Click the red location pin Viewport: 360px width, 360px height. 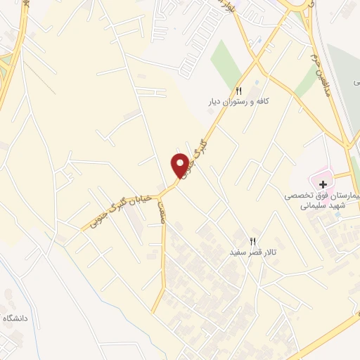181,165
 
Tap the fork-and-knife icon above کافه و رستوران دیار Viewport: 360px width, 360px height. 238,91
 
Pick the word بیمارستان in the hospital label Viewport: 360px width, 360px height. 345,197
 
